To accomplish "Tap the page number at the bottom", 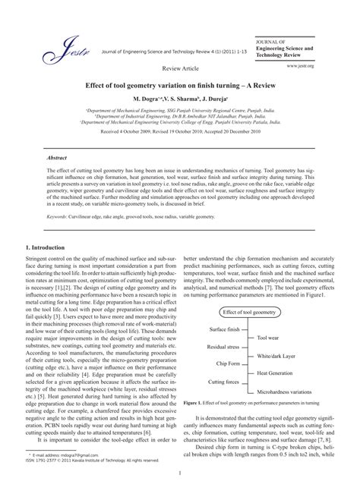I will coord(180,477).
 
